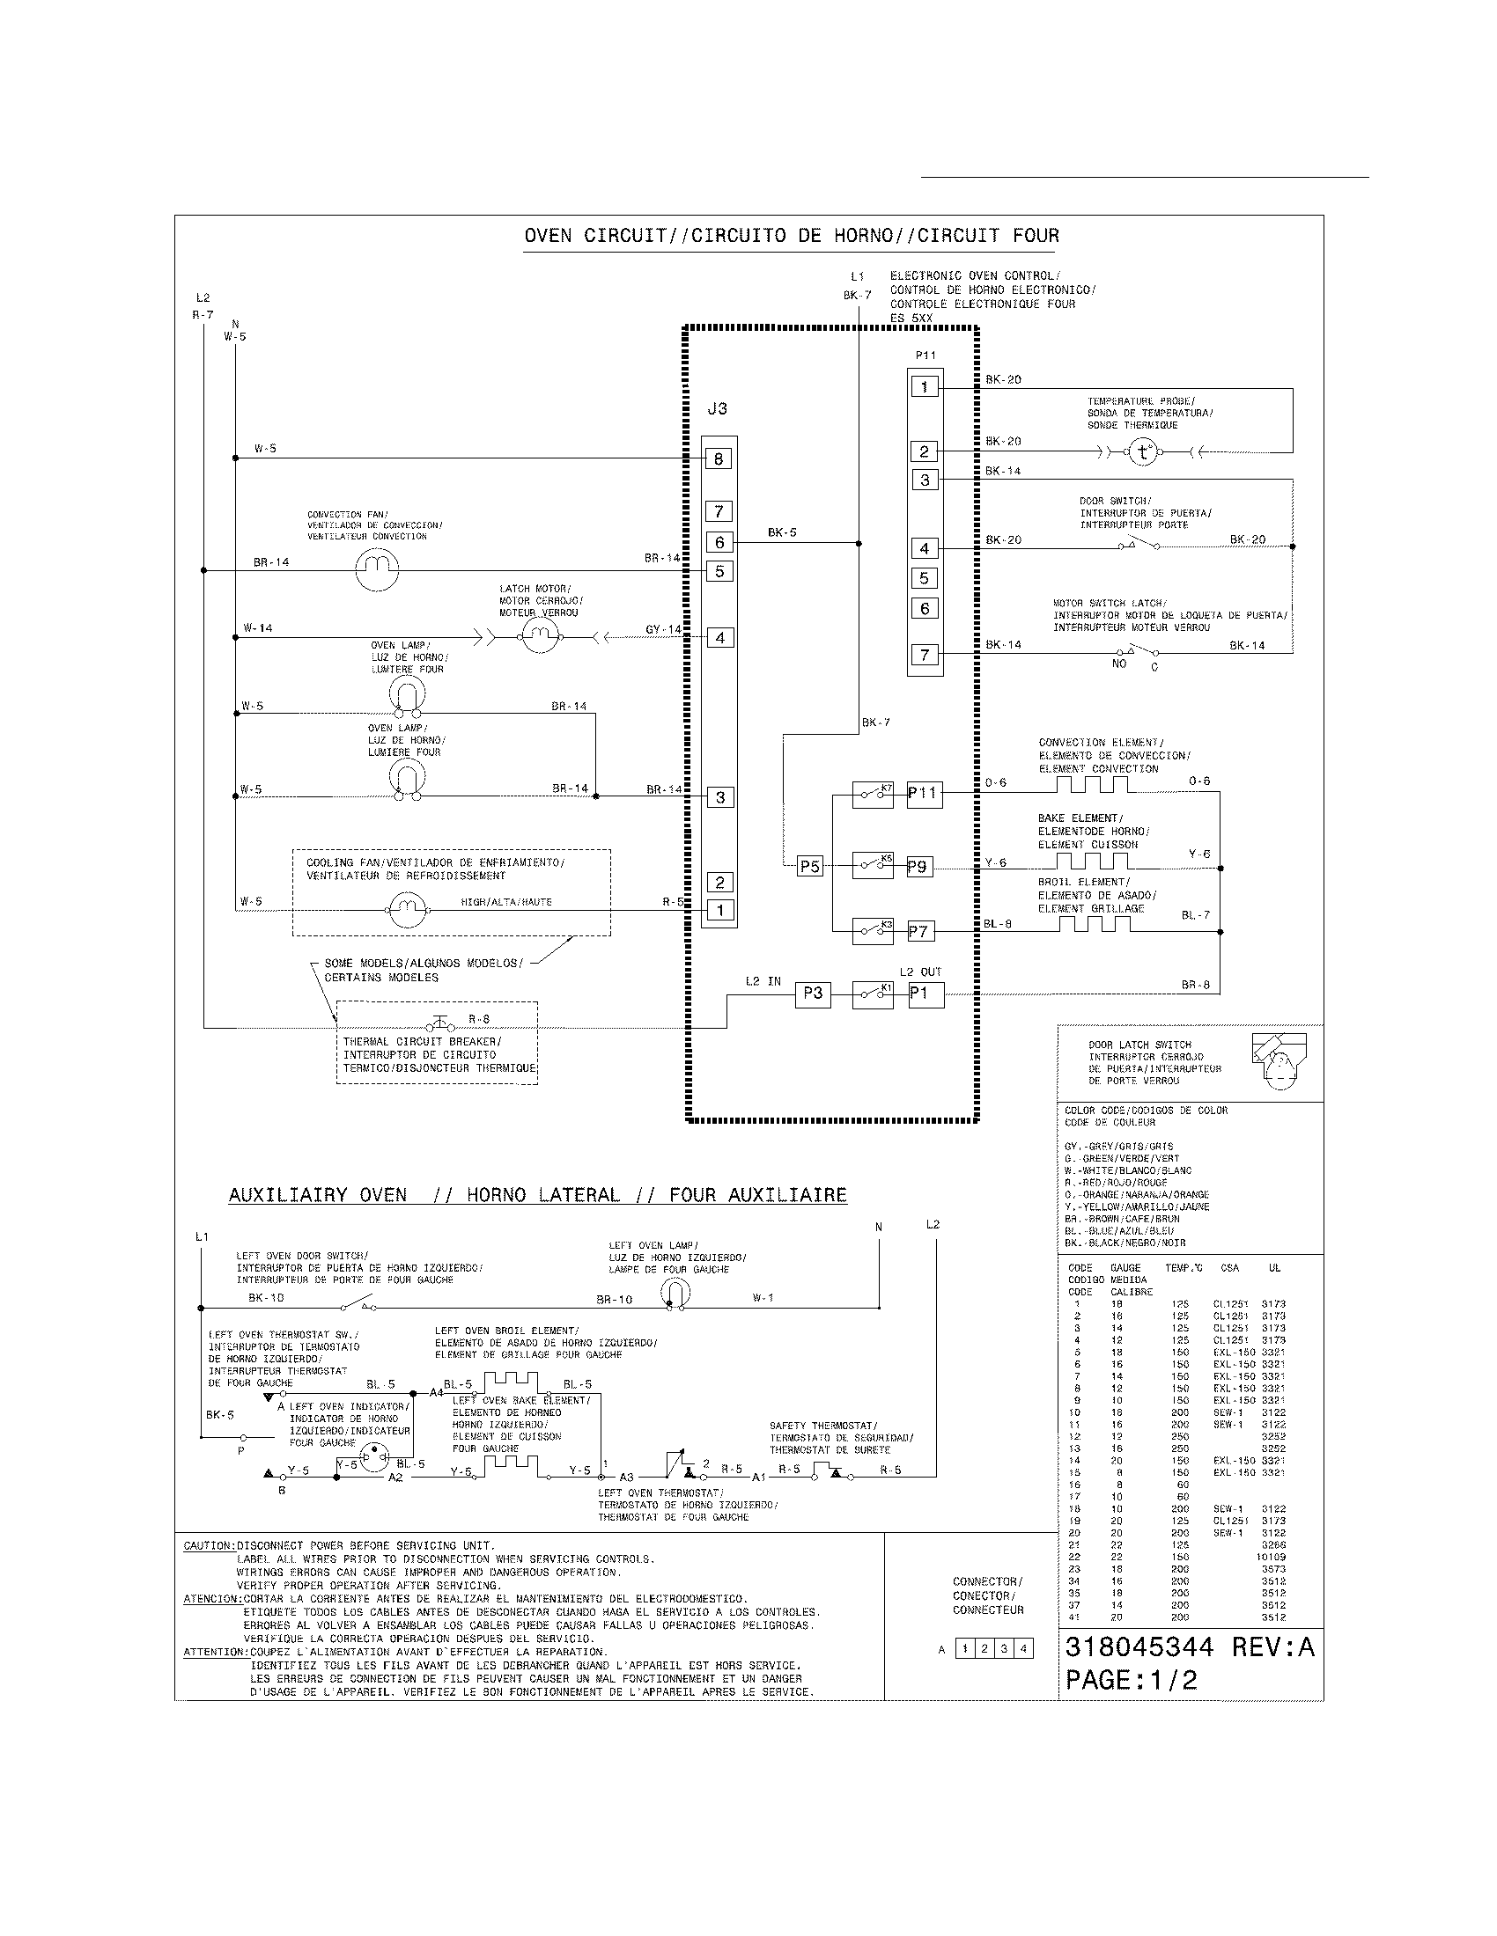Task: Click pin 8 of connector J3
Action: click(x=719, y=458)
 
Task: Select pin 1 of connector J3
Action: click(x=720, y=910)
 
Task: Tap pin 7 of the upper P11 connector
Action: click(x=924, y=655)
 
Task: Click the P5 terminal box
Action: click(x=809, y=866)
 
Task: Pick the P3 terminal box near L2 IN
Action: click(x=813, y=994)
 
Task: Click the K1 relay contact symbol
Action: click(x=872, y=994)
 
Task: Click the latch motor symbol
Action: click(x=538, y=636)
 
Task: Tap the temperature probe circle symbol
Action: click(x=1143, y=452)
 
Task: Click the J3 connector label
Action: click(x=717, y=408)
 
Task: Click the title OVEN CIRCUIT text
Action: click(x=791, y=236)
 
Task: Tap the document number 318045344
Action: click(x=1139, y=1647)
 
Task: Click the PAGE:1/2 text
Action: click(x=1131, y=1680)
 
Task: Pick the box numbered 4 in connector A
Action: click(x=1022, y=1649)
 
